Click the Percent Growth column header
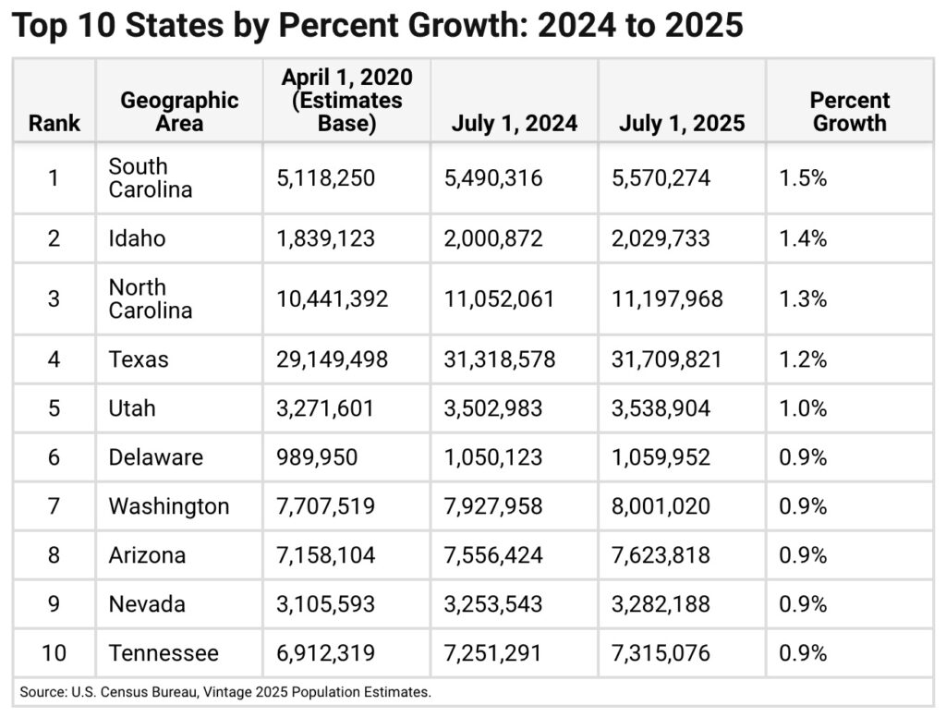(849, 112)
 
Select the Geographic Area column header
(179, 112)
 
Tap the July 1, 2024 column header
(514, 124)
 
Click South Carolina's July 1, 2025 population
(661, 178)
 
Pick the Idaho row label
(137, 238)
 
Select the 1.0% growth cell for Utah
(803, 408)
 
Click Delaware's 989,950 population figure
(317, 457)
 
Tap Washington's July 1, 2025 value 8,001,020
(661, 506)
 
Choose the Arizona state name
(147, 555)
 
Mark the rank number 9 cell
(54, 604)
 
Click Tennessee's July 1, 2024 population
(493, 653)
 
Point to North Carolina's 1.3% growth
(803, 298)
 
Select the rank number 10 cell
(54, 653)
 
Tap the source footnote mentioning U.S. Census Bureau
(224, 691)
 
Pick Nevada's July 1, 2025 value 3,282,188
(661, 604)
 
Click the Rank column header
(54, 124)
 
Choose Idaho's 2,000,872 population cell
(493, 238)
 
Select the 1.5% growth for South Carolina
(803, 178)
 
